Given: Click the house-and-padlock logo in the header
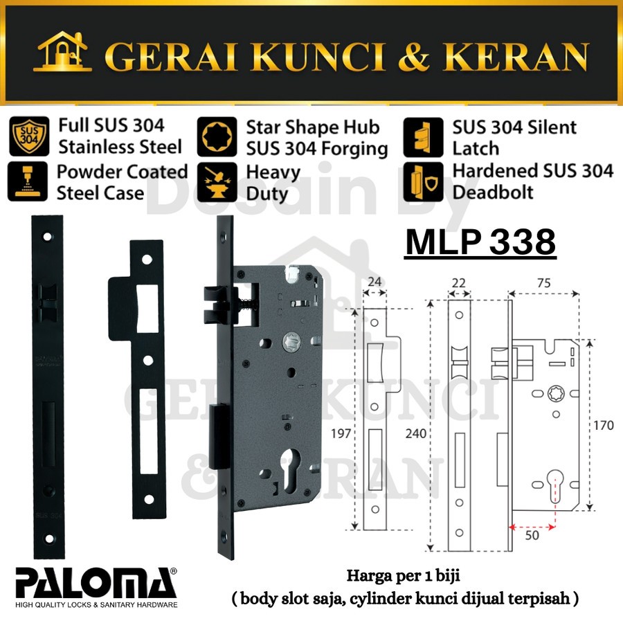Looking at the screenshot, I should pyautogui.click(x=63, y=51).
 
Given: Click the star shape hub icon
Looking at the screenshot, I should pyautogui.click(x=217, y=136).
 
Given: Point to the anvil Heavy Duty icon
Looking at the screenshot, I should pyautogui.click(x=217, y=182).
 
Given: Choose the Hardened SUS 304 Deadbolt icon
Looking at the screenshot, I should pyautogui.click(x=423, y=182).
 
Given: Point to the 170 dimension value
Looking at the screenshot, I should pyautogui.click(x=602, y=425).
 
